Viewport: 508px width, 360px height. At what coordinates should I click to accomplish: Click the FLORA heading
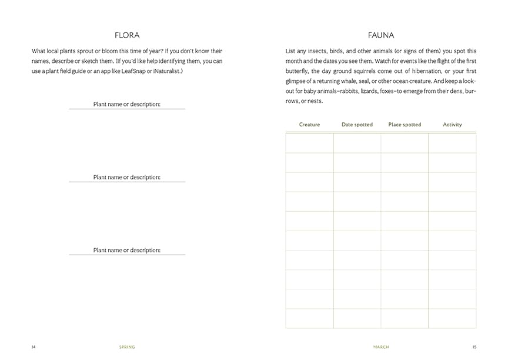(x=126, y=35)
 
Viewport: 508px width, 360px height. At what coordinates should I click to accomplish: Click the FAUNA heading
(x=380, y=35)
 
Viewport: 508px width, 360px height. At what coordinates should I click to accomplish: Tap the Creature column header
(x=309, y=125)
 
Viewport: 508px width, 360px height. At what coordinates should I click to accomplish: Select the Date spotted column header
(x=357, y=125)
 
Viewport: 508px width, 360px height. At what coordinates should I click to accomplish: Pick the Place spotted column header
(x=405, y=125)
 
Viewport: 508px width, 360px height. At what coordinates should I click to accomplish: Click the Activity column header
(x=452, y=125)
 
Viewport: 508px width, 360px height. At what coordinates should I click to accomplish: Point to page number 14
(x=34, y=347)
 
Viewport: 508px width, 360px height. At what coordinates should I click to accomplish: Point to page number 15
(x=474, y=347)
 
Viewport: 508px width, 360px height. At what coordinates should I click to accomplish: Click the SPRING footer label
(x=126, y=347)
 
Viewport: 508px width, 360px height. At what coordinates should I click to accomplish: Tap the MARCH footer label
(x=380, y=347)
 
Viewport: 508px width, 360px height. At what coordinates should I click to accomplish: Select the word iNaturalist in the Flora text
(x=163, y=71)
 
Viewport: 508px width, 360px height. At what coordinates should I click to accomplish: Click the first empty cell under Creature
(x=309, y=143)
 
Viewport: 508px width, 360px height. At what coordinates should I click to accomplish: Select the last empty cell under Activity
(x=452, y=318)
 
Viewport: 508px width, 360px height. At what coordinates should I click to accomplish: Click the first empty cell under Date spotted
(x=357, y=143)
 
